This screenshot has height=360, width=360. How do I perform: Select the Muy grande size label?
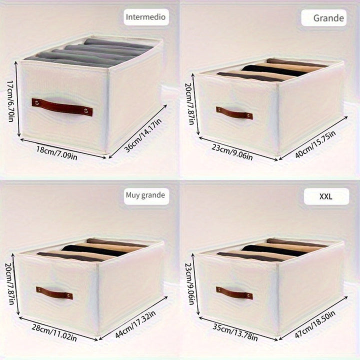(x=144, y=195)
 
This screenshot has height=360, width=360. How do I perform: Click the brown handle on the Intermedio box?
(x=62, y=107)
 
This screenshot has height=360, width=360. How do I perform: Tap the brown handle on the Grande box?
(x=234, y=112)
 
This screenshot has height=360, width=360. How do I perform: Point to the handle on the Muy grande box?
(x=54, y=293)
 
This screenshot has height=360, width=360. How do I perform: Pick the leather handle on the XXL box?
(x=234, y=292)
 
